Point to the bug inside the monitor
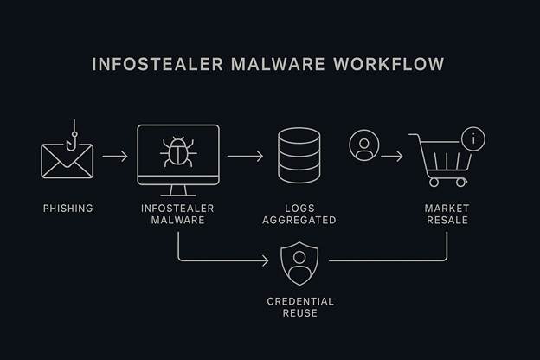point(178,151)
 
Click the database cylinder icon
point(299,156)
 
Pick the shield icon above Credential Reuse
point(299,264)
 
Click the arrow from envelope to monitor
point(114,157)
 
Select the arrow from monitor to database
point(246,157)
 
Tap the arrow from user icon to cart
point(391,157)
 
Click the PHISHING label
point(67,209)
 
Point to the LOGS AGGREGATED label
point(299,215)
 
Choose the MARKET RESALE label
point(447,215)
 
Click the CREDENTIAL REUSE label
point(299,306)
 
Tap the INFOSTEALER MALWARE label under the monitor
point(177,215)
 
